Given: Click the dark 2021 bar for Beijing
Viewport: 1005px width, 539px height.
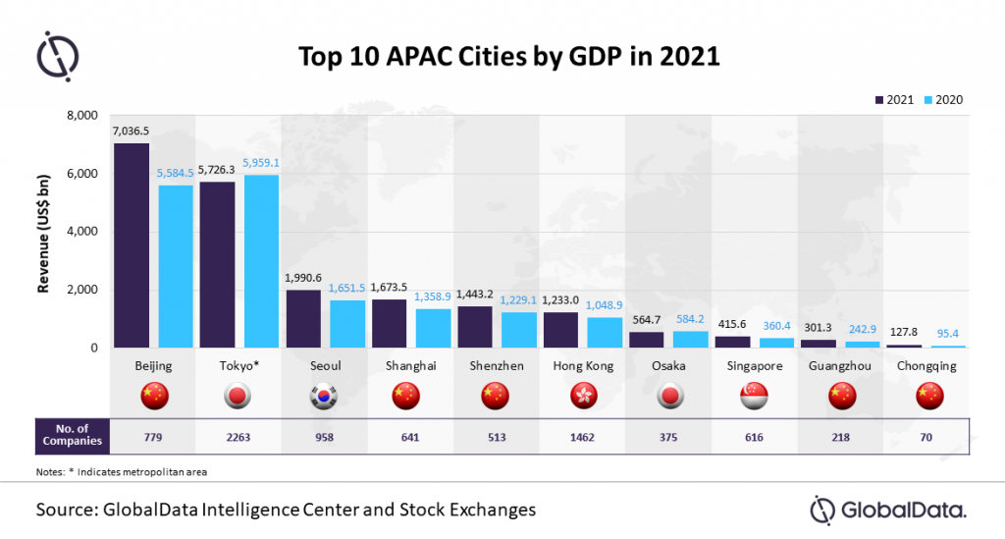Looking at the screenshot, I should [x=132, y=245].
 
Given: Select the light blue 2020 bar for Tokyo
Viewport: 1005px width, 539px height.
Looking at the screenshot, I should [x=261, y=261].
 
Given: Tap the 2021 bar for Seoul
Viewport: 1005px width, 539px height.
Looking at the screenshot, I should [x=303, y=318].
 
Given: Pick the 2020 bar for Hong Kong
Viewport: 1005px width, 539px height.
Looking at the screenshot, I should [x=605, y=332].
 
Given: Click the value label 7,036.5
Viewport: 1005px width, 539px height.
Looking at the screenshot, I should [x=132, y=131].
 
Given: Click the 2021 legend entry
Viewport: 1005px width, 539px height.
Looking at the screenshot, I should [x=895, y=99].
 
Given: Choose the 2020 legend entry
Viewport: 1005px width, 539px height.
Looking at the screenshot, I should [x=943, y=99].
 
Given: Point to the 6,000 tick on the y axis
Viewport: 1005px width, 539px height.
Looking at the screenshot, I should [x=86, y=174].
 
